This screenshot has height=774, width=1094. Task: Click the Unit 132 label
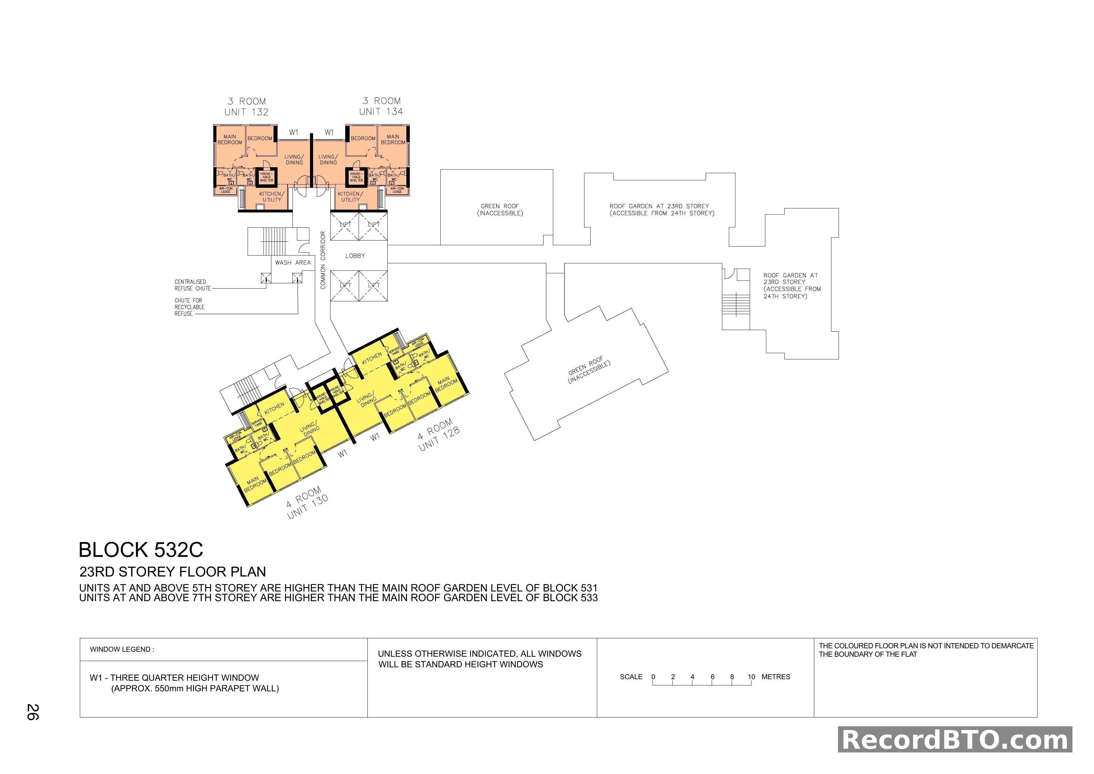click(x=246, y=112)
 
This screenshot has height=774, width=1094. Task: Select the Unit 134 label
click(x=381, y=111)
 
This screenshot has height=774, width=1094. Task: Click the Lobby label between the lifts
click(x=355, y=256)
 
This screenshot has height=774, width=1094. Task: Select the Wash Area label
click(x=293, y=263)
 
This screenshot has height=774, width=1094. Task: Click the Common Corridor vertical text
click(x=322, y=260)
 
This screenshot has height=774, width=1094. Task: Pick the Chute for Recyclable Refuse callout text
click(x=189, y=307)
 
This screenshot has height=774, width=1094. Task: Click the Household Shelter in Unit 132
click(x=266, y=177)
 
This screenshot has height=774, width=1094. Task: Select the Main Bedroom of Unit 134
click(x=393, y=140)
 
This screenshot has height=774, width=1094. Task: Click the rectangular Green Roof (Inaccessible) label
click(x=500, y=210)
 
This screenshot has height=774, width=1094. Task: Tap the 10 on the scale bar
click(x=751, y=677)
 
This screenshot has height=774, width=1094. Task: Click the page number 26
click(x=32, y=712)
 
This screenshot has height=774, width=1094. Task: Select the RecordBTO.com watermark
click(x=955, y=740)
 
